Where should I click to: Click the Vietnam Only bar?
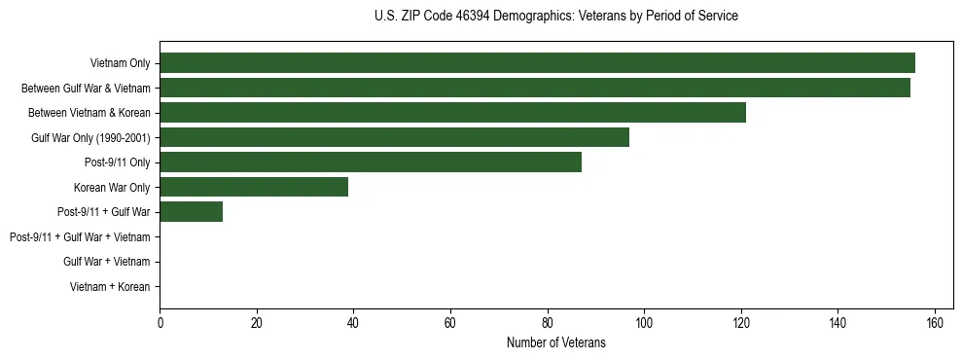click(x=537, y=63)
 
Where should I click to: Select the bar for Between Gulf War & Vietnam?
click(x=535, y=88)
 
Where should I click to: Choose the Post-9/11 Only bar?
click(x=371, y=162)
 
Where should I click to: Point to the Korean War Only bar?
click(x=254, y=187)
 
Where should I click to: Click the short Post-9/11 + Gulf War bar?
click(x=191, y=212)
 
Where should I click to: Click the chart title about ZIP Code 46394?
click(x=555, y=17)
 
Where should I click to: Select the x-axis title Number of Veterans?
click(x=555, y=342)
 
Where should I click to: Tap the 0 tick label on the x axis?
click(x=160, y=323)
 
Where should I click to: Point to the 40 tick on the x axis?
click(x=353, y=323)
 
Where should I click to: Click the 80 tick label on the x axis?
click(x=548, y=323)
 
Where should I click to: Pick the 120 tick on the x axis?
click(x=741, y=323)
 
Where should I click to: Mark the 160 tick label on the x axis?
click(x=935, y=323)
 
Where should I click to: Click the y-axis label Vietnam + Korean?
click(x=110, y=287)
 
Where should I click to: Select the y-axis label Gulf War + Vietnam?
click(x=106, y=262)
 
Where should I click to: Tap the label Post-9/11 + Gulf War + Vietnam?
click(x=80, y=237)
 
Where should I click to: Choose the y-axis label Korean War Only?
click(x=112, y=188)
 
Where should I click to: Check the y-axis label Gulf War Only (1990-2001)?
click(x=90, y=138)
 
